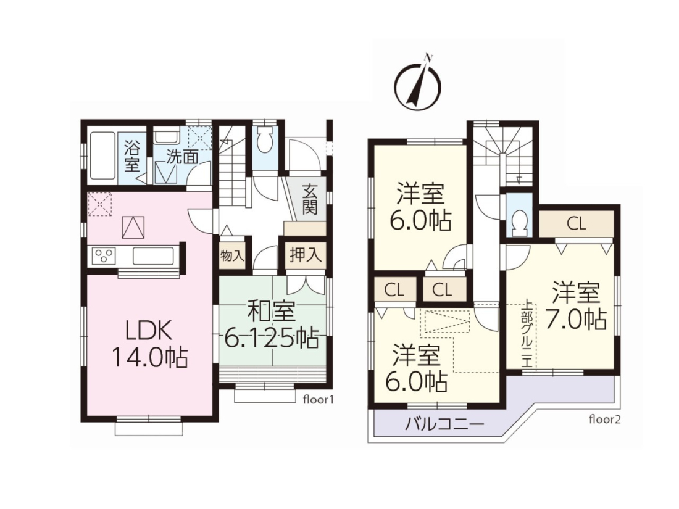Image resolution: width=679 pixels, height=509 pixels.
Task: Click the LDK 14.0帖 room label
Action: click(150, 344)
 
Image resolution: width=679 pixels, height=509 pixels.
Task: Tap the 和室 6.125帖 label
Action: click(272, 326)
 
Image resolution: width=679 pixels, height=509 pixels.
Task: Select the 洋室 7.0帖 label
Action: click(575, 306)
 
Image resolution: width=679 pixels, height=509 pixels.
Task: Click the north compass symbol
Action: click(418, 82)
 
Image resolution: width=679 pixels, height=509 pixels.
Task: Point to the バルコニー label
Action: click(444, 424)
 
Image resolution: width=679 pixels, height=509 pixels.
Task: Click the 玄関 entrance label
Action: click(310, 199)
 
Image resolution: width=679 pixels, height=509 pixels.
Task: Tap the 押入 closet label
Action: click(306, 255)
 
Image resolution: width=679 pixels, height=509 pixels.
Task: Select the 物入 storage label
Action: click(232, 255)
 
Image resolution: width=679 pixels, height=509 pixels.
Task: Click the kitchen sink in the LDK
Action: click(153, 256)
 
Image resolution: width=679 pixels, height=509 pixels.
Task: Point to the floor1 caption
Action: click(319, 400)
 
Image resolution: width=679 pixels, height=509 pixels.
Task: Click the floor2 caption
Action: click(604, 420)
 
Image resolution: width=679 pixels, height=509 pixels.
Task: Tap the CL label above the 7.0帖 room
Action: click(577, 224)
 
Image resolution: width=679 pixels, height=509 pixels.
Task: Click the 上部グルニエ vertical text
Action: click(527, 333)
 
